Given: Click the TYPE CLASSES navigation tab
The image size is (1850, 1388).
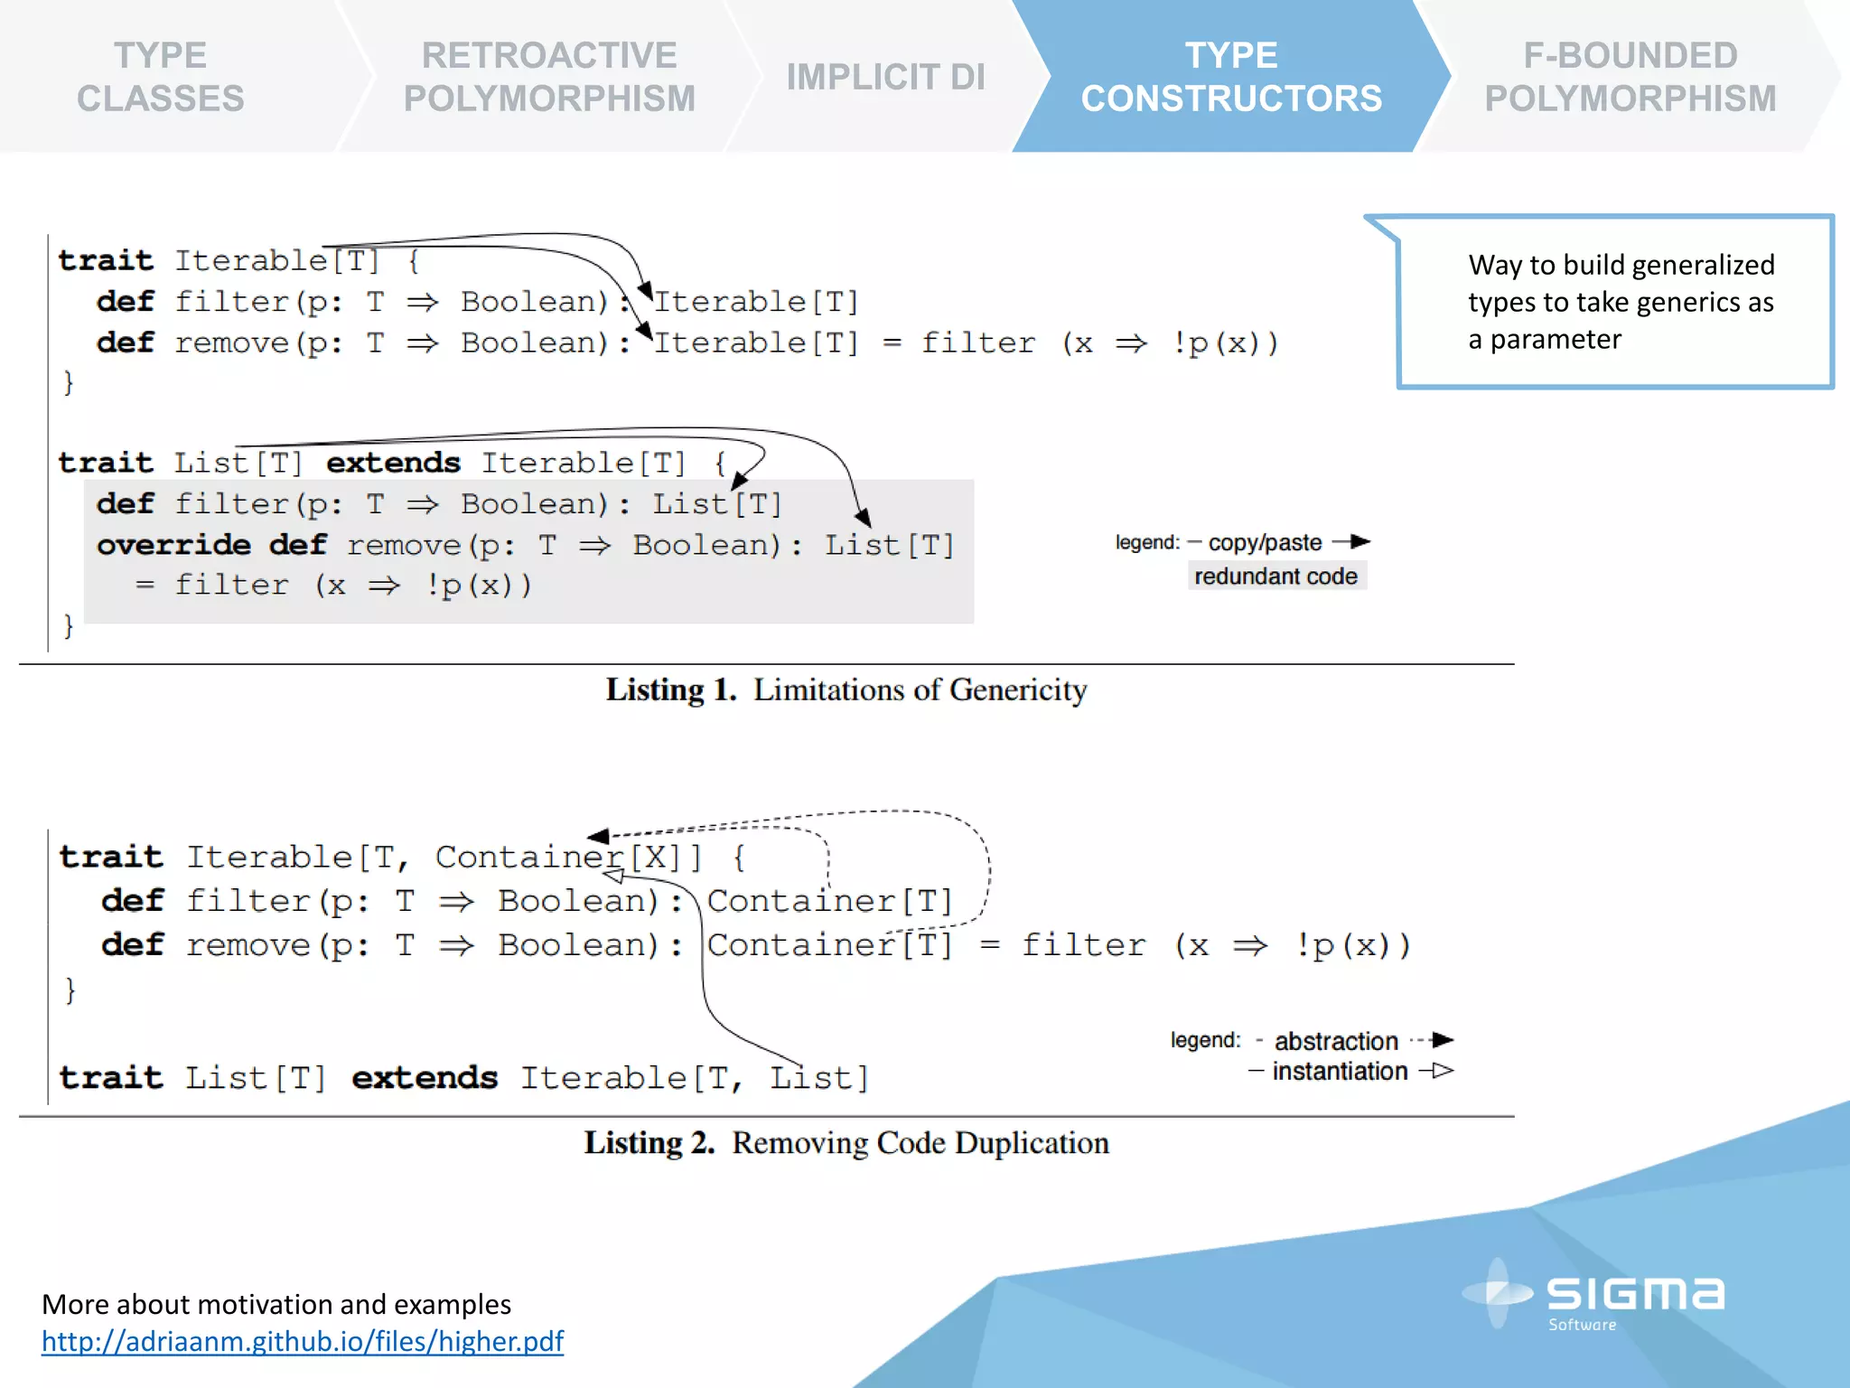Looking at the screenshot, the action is coord(161,77).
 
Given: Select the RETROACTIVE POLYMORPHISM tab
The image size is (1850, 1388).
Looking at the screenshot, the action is coord(549,77).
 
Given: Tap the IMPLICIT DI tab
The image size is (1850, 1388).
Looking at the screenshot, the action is coord(885,77).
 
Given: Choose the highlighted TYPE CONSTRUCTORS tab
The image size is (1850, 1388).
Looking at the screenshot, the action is coord(1231,77).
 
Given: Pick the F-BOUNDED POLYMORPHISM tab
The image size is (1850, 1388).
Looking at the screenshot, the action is coord(1630,77).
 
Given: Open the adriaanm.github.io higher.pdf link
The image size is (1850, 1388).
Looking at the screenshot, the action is coord(303,1341).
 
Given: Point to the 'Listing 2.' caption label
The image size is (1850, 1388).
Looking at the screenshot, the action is coord(649,1143).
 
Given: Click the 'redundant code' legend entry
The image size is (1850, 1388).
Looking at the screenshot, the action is coord(1275,577).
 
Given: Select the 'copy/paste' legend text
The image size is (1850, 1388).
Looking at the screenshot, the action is coord(1265,542).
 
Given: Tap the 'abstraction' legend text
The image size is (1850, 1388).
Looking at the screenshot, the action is coord(1336,1041).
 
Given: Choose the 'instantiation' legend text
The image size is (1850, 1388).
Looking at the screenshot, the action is coord(1340,1072).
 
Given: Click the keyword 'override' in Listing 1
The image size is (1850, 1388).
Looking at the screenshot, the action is coord(173,545).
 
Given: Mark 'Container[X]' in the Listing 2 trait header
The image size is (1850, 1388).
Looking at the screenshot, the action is coord(567,857).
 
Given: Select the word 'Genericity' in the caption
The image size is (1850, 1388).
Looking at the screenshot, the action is coord(1018,690).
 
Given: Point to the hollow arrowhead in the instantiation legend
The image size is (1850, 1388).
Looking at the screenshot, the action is coord(1443,1071).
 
